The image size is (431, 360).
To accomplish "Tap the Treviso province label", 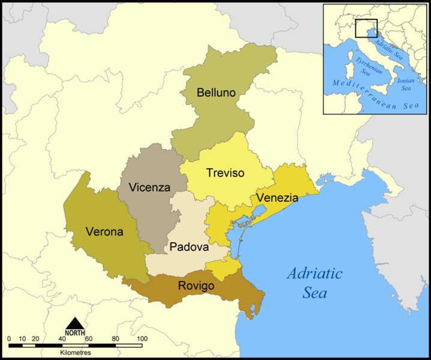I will point(225,173).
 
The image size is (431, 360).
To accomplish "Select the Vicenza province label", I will point(145,187).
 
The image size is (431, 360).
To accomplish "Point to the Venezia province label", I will point(277,197).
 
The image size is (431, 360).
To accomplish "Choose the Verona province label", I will point(105,231).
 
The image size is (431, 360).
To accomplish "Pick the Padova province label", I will point(189,247).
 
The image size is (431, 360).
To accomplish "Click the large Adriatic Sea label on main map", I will point(314,283).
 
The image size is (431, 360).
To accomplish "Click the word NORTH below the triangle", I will point(75,333).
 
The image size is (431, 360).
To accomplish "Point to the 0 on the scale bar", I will point(10,339).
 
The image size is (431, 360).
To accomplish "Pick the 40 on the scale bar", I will point(62,339).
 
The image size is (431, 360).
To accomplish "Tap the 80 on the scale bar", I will point(115,339).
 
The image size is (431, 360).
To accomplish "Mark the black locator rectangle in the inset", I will point(365,28).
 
